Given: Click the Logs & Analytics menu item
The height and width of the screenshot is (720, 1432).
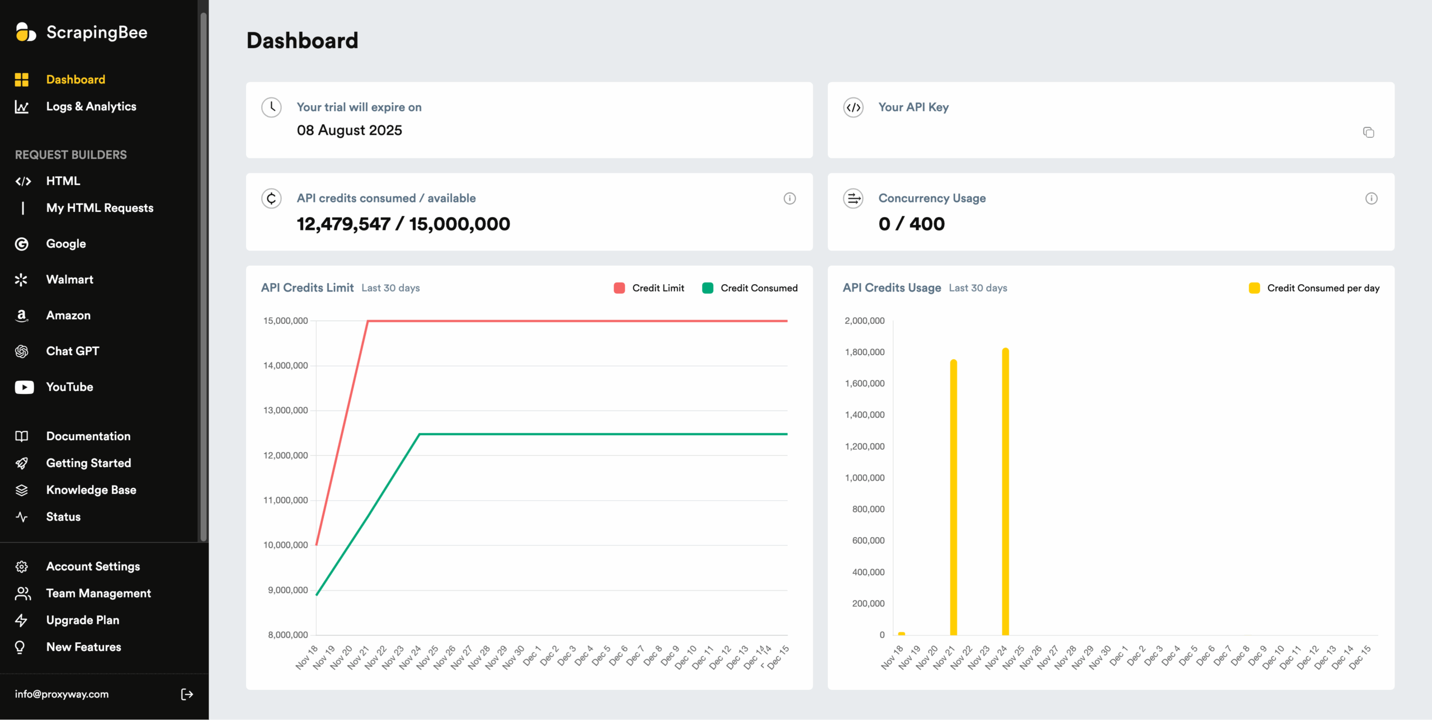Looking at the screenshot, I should [x=91, y=106].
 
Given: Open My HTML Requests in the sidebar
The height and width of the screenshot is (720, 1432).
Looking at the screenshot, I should [x=100, y=208].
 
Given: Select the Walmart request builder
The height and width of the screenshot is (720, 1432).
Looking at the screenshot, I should [x=69, y=280].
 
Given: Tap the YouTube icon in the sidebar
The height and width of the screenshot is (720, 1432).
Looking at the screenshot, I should [x=24, y=387].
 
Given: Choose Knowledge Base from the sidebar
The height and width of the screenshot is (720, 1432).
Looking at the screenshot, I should [x=91, y=490].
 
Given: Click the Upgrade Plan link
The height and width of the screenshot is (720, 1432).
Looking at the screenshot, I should [x=82, y=620].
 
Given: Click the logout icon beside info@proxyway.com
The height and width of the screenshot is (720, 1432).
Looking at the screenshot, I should [x=187, y=694].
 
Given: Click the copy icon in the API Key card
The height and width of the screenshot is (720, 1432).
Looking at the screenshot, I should [x=1368, y=133].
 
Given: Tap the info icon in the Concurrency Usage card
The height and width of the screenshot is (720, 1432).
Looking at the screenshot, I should [x=1371, y=199].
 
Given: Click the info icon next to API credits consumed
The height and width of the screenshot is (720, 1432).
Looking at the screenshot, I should [x=789, y=199].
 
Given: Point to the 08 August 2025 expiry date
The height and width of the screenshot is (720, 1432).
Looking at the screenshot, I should [x=349, y=130].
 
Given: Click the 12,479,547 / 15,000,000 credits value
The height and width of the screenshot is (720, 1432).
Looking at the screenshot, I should [x=403, y=224].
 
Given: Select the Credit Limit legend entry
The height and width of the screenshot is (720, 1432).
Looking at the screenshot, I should [x=649, y=288].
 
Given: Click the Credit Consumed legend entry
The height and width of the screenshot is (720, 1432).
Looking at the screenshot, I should [x=750, y=288].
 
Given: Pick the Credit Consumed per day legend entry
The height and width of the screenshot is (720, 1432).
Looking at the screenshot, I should [x=1314, y=288].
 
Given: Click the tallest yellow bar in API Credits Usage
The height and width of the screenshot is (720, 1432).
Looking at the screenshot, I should [x=1005, y=492].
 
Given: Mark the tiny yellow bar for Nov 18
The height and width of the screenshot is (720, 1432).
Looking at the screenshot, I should [x=901, y=633].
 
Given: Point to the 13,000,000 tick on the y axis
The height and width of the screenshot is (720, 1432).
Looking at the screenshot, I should [x=285, y=411].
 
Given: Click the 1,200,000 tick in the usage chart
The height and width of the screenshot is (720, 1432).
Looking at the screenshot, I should [x=864, y=446].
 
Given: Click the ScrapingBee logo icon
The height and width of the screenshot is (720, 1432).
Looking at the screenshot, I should [x=26, y=32].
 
